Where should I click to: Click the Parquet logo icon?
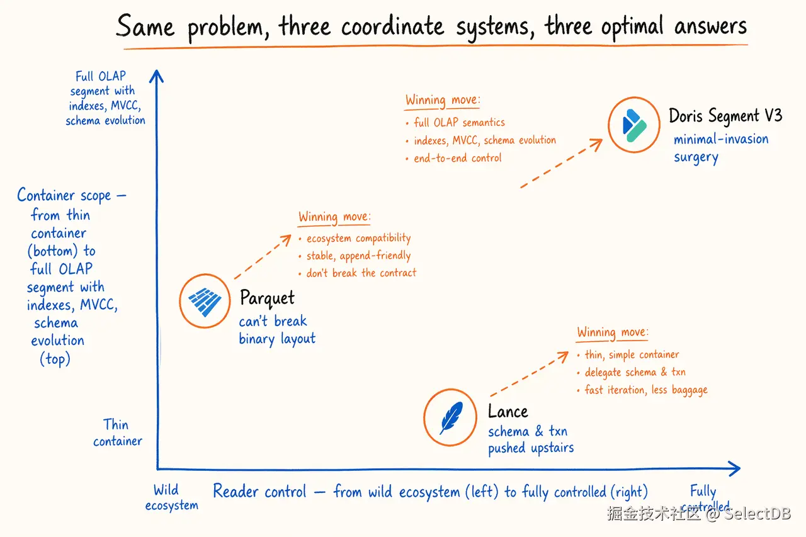pos(205,302)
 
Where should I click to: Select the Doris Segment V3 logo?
pos(634,125)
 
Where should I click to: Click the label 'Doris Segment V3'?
pos(725,116)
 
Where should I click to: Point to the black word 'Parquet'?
pos(267,298)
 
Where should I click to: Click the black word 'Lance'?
pos(508,411)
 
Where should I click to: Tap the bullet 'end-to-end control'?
pos(454,158)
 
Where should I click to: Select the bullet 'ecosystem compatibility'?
pos(355,238)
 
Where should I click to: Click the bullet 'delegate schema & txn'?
pos(632,372)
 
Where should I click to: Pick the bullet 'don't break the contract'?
pos(357,273)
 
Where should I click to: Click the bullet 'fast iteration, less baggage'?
pos(642,390)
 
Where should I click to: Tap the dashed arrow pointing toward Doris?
pos(561,163)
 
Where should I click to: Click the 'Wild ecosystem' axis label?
pos(172,497)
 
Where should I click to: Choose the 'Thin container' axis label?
pos(118,432)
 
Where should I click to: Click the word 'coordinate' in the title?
pos(392,26)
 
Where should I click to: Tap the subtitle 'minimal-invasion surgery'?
pos(721,148)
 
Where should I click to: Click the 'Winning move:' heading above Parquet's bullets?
pos(334,217)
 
